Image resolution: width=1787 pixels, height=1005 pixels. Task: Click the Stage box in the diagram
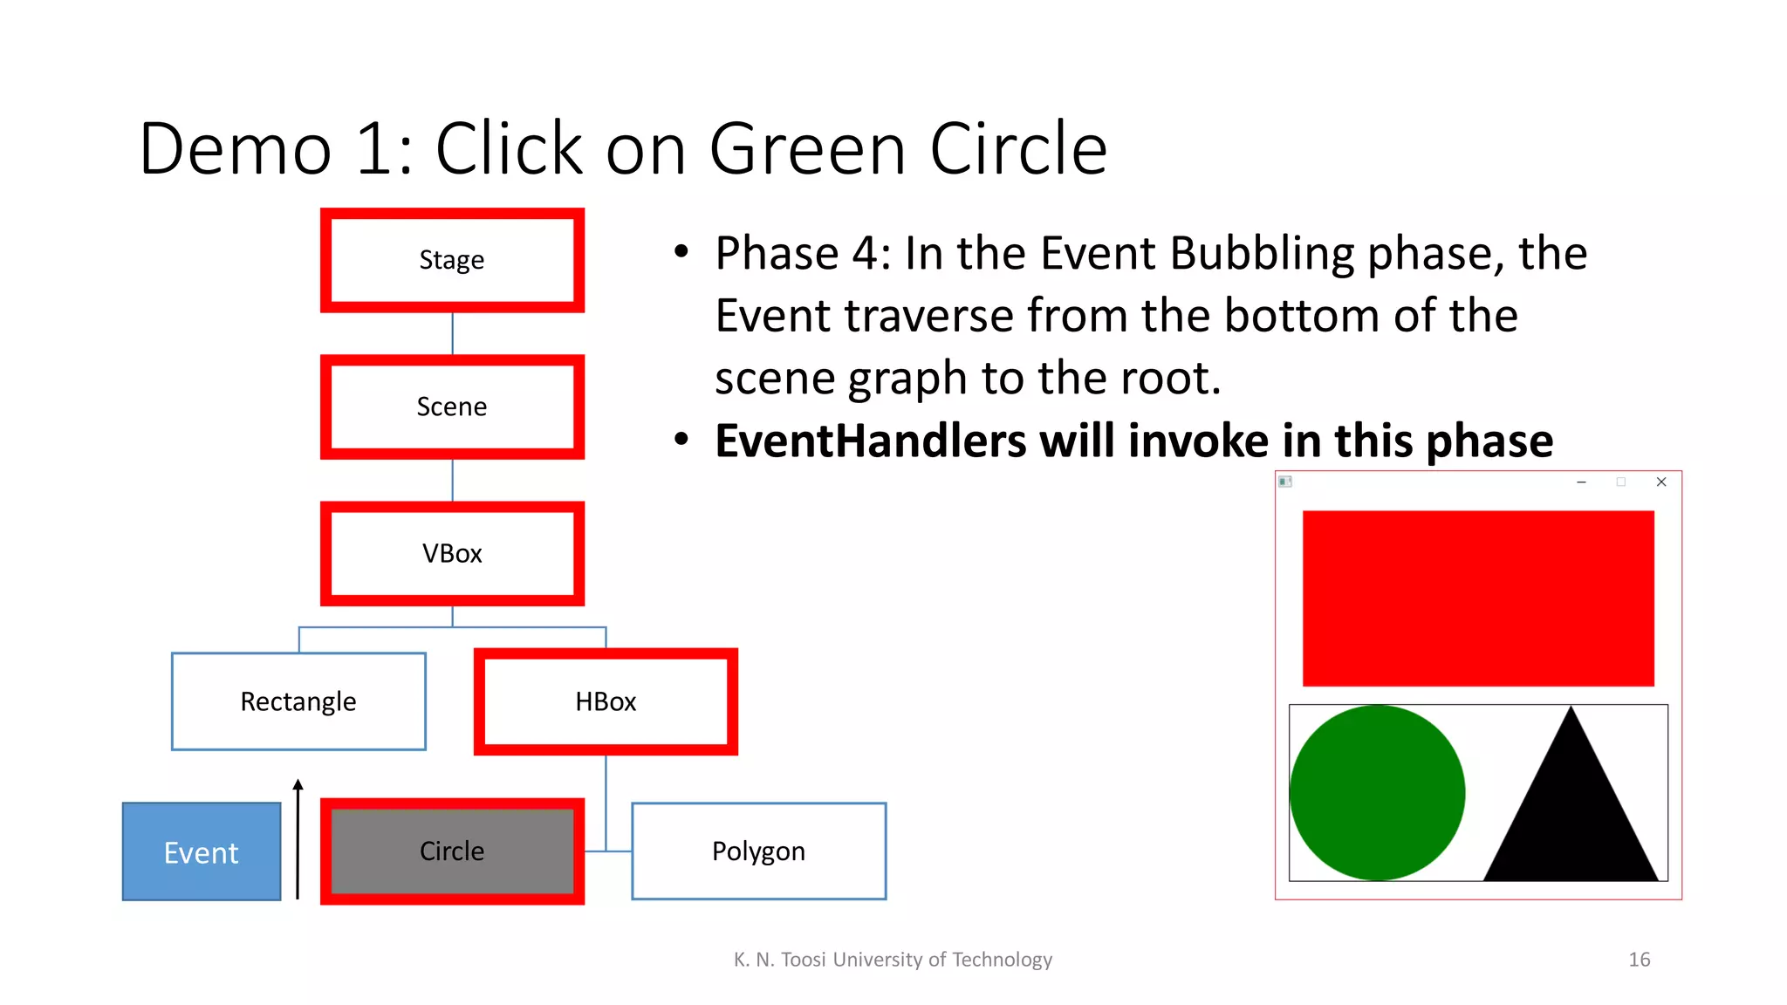[x=452, y=260]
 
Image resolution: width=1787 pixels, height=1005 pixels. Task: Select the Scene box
[x=452, y=407]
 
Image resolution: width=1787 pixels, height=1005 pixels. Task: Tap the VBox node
[x=452, y=553]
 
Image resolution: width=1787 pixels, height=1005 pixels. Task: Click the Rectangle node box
[x=298, y=701]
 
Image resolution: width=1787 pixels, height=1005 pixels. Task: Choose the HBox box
[x=606, y=701]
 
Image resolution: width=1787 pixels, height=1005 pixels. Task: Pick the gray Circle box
[x=452, y=851]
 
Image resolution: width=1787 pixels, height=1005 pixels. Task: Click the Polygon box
[x=758, y=851]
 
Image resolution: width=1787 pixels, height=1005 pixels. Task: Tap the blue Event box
[x=202, y=851]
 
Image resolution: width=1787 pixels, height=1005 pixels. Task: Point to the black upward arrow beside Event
[x=298, y=837]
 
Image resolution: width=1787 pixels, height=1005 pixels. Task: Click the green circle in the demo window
[x=1377, y=792]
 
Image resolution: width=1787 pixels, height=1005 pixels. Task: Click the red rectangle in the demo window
[x=1478, y=598]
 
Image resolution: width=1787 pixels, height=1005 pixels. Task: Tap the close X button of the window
[x=1661, y=482]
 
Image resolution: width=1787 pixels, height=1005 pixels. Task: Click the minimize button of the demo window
[x=1581, y=482]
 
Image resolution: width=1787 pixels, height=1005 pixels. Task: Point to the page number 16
[x=1639, y=960]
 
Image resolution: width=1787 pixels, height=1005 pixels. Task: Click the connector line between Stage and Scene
[x=452, y=333]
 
